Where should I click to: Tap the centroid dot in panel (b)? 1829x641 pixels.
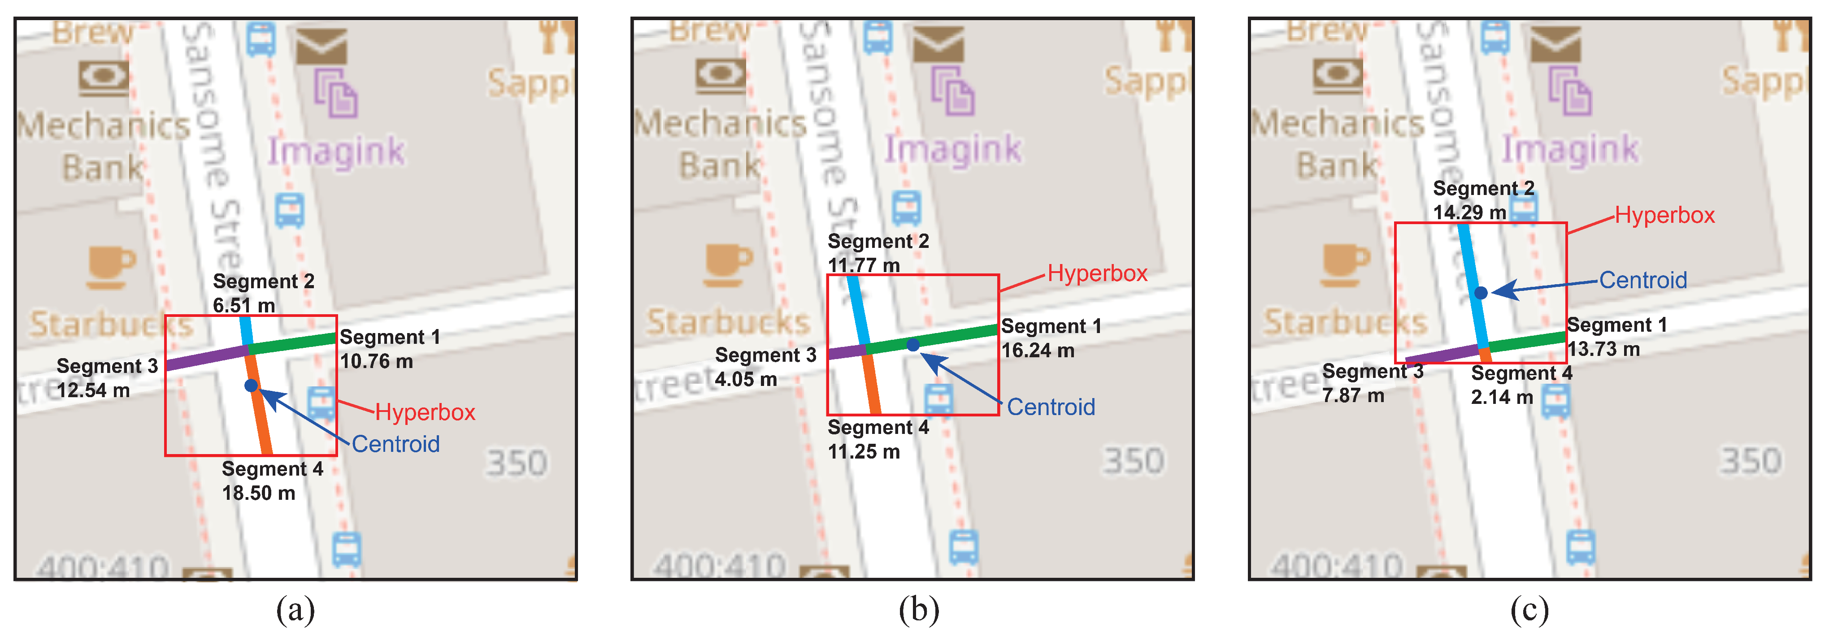913,344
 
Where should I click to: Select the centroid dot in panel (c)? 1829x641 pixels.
1481,292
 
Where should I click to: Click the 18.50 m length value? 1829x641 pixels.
258,493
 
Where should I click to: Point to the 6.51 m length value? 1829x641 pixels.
243,305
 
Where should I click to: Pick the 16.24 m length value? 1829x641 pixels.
1037,350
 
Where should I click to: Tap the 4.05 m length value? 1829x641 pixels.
746,379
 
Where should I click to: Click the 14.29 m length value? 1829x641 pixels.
1469,212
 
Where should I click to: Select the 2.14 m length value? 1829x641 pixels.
1502,397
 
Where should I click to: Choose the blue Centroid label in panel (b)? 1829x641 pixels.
1051,407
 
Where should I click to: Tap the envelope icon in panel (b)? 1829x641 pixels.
938,44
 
